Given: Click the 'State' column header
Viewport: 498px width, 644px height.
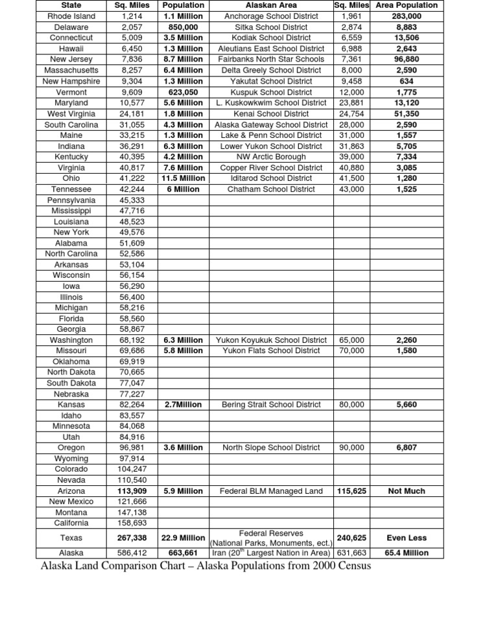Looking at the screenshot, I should [x=71, y=5].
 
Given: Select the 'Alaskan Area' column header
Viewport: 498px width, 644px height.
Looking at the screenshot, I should [x=271, y=5].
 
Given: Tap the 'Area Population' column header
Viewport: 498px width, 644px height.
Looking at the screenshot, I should [x=407, y=5].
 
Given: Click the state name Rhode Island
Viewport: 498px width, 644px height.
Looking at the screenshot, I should [x=71, y=16].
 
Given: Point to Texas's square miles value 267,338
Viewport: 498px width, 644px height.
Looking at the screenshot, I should [x=132, y=538].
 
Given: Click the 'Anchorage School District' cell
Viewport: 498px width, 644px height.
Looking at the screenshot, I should [x=271, y=16].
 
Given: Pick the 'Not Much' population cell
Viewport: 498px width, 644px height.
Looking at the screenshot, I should [x=407, y=491].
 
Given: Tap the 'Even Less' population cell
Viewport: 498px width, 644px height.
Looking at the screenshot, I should [x=407, y=538].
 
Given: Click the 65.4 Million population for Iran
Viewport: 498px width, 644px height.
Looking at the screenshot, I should [x=407, y=553].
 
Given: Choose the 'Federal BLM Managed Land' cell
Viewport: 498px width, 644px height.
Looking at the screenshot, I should [x=271, y=491].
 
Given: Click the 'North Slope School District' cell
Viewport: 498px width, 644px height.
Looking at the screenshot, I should [x=271, y=448].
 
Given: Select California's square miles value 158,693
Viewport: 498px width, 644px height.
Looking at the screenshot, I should [x=132, y=523].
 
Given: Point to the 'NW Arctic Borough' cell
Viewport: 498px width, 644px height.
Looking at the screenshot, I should [x=271, y=157].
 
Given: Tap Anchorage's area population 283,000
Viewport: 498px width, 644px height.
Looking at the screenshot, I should [x=407, y=16].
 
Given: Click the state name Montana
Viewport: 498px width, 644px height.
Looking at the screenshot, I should [x=71, y=512].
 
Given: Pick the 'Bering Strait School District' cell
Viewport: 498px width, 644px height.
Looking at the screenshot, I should [x=271, y=404].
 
